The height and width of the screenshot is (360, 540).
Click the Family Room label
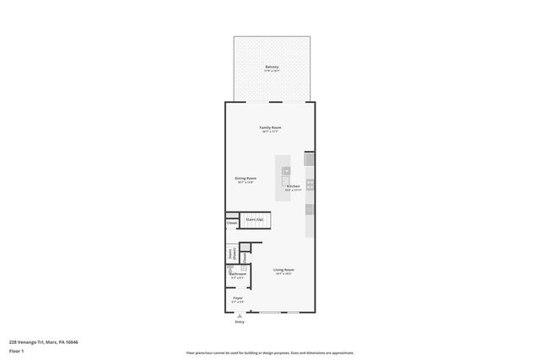(270, 127)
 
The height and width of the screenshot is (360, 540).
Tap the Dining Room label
(246, 178)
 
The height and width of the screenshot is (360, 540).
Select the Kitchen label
(293, 185)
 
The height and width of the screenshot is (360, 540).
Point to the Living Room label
(283, 270)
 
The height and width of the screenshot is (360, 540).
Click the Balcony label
(272, 67)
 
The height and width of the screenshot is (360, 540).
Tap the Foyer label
(238, 298)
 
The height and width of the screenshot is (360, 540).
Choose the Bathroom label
(238, 273)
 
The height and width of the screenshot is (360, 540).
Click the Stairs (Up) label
(253, 219)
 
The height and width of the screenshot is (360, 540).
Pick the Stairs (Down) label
(231, 254)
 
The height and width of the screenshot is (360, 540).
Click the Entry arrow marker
(240, 316)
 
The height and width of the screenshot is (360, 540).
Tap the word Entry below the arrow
(240, 322)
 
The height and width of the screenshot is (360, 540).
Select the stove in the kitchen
(310, 183)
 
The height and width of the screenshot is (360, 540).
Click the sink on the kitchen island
(286, 172)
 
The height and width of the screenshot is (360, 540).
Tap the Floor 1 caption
(16, 351)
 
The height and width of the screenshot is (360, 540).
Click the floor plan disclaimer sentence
(270, 353)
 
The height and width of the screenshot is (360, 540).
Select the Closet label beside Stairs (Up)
(231, 223)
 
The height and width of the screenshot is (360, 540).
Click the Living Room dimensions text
(283, 274)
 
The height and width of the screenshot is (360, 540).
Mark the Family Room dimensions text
(270, 132)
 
